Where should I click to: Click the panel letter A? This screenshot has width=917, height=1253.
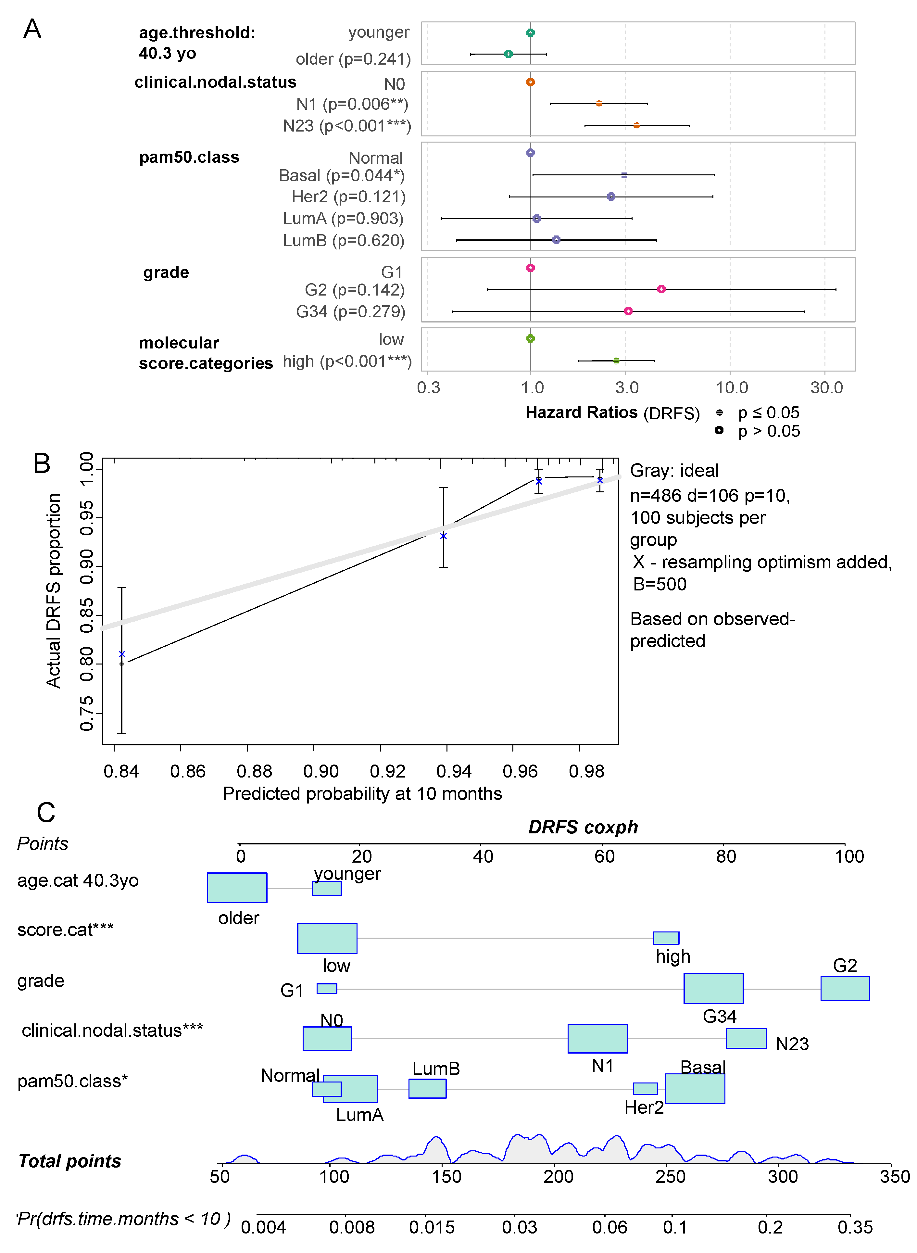coord(32,29)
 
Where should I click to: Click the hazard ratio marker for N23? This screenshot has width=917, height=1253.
coord(636,125)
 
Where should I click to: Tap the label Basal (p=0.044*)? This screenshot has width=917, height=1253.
coord(341,175)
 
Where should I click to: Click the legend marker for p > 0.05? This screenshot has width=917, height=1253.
coord(719,430)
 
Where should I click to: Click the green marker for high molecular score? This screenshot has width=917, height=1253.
coord(616,361)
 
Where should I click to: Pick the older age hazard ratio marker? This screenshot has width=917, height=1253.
coord(508,54)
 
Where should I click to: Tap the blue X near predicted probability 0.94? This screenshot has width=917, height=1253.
coord(443,536)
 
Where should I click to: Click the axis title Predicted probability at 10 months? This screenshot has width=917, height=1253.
coord(362,793)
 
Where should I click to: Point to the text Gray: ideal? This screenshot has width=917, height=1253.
coord(674,470)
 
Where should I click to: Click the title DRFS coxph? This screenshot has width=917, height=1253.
coord(583,827)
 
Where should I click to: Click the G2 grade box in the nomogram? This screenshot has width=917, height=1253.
coord(844,988)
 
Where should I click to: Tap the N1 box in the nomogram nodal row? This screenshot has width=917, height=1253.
coord(597,1038)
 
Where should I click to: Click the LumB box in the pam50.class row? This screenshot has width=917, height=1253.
coord(427,1088)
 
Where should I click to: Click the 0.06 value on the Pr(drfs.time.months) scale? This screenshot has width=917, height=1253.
coord(609,1227)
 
